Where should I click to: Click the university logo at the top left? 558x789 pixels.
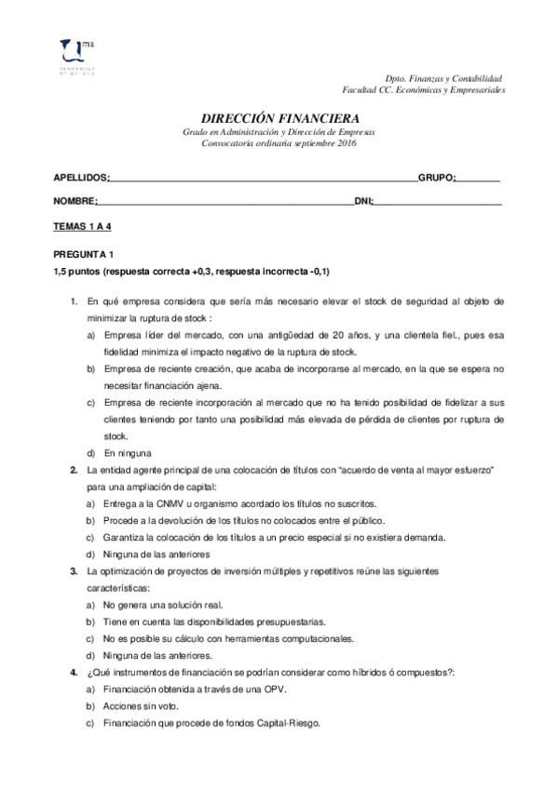coord(75,56)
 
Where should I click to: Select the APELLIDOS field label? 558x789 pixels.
coord(81,177)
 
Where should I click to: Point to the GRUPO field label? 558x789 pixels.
coord(436,177)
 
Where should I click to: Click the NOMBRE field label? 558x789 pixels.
coord(75,201)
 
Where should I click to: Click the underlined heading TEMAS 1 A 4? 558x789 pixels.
coord(83,226)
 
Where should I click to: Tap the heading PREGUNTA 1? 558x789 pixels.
coord(83,254)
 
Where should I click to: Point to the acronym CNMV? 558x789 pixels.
coord(164,503)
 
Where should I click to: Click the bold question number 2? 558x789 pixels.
coord(74,470)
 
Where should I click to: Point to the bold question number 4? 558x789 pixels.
coord(74,672)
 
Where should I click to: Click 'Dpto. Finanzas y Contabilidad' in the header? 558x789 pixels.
coord(444,79)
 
